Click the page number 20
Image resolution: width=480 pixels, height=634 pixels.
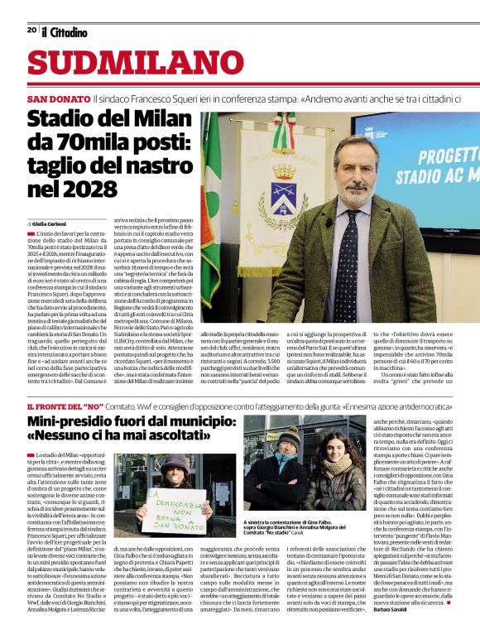(x=31, y=30)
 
